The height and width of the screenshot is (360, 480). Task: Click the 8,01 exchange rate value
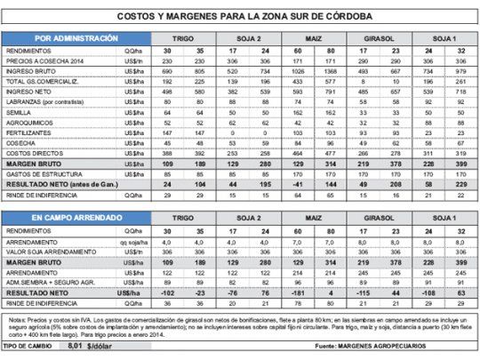click(76, 345)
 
